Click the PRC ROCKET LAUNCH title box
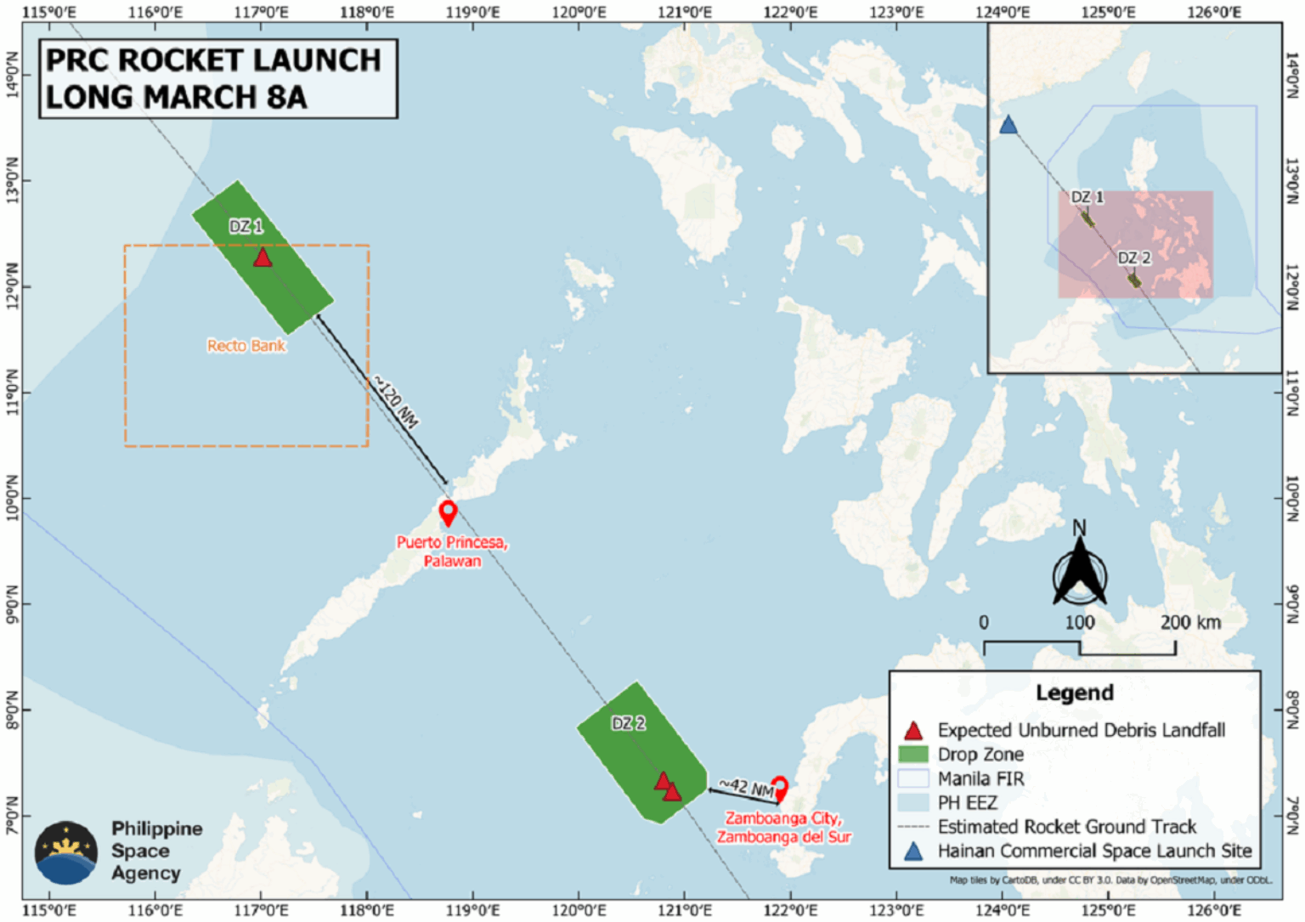coord(217,78)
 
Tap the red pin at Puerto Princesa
coord(448,512)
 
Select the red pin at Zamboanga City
coord(779,788)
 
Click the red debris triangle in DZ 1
coord(263,257)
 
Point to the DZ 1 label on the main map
coord(246,226)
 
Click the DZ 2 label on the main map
coord(629,723)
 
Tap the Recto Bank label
coord(246,346)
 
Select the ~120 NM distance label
coord(397,403)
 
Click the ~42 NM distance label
coord(747,788)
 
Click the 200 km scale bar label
coord(1190,622)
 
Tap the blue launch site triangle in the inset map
coord(1008,126)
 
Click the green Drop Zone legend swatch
coord(912,754)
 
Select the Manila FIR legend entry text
coord(980,778)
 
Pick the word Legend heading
coord(1074,693)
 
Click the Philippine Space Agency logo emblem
coord(66,851)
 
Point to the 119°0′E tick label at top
coord(472,12)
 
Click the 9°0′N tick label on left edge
coord(11,603)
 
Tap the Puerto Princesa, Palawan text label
coord(452,552)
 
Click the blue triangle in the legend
coord(912,851)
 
